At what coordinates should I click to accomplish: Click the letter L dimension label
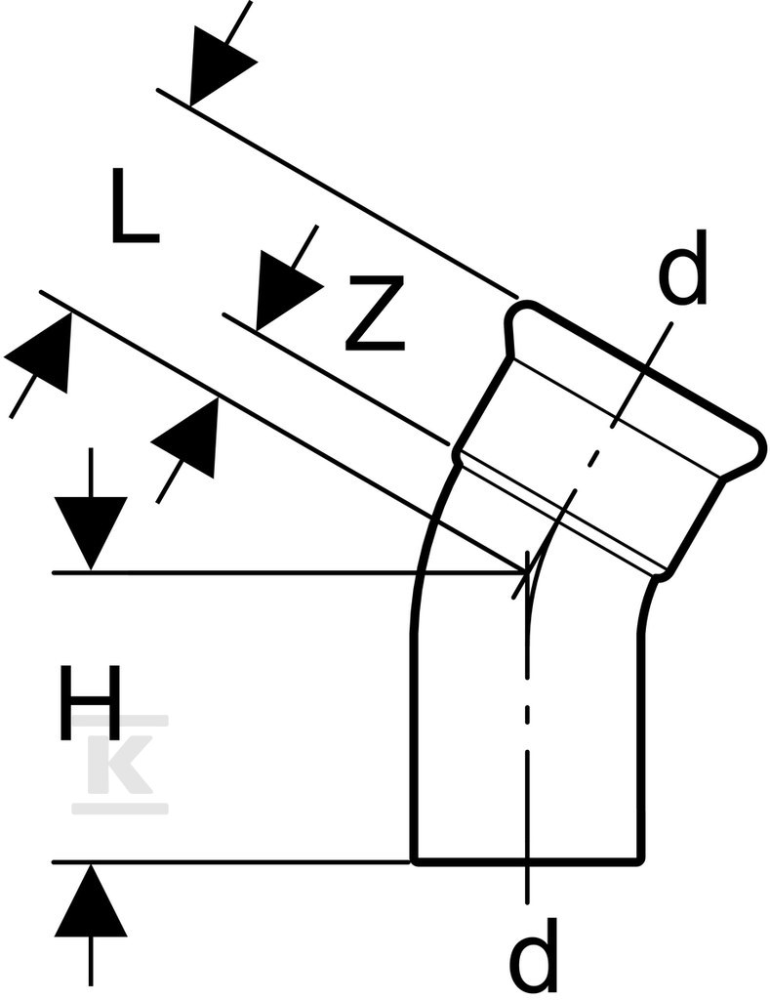click(x=134, y=205)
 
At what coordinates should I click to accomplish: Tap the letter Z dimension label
click(x=375, y=313)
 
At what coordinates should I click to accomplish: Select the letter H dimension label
click(x=90, y=703)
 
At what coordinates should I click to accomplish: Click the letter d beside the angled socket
click(x=682, y=268)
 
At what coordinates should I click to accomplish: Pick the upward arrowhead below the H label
click(x=91, y=899)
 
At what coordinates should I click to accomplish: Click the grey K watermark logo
click(x=120, y=765)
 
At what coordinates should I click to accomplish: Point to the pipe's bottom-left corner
click(x=414, y=862)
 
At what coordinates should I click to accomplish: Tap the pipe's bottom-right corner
click(x=641, y=862)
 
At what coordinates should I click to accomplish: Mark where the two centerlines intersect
click(x=528, y=572)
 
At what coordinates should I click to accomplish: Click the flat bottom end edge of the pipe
click(x=528, y=862)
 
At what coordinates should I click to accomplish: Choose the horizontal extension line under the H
click(x=230, y=862)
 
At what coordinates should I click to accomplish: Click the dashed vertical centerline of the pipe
click(x=527, y=727)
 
